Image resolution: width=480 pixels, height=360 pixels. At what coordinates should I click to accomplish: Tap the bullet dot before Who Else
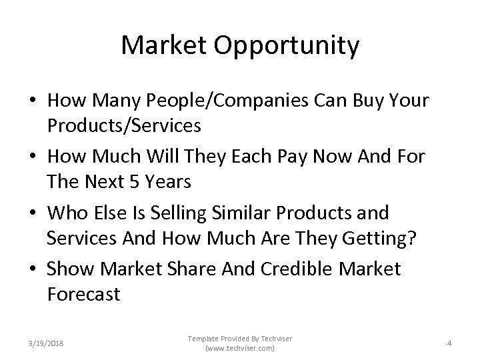coord(33,214)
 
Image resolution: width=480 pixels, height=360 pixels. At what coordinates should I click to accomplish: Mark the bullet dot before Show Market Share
coord(33,270)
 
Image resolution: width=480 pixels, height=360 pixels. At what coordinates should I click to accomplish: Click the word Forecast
coord(83,293)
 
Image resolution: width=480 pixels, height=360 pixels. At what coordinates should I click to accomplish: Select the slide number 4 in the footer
coord(449,344)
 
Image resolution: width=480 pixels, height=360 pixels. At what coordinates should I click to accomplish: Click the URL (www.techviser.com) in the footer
coord(240,349)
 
